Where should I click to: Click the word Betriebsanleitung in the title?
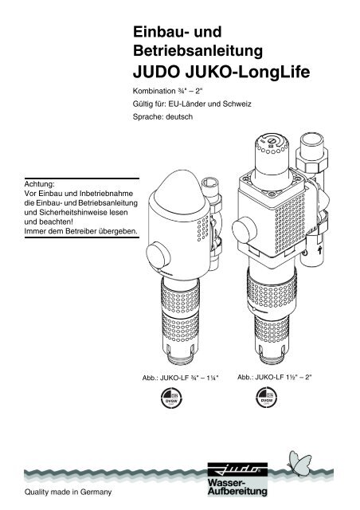point(198,51)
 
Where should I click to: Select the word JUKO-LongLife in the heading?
point(248,73)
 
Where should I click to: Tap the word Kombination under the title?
point(155,92)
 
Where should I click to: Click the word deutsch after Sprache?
point(179,117)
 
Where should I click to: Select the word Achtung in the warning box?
point(39,184)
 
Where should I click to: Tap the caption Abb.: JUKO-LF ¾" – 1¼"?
point(181,378)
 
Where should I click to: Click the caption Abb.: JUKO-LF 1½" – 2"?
point(275,377)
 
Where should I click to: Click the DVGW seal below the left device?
point(171,398)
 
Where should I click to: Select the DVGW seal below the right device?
point(266,397)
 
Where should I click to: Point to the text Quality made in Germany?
point(68,492)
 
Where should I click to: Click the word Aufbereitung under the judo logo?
point(237,491)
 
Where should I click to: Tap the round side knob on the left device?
point(158,255)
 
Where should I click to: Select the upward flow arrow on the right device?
point(319,250)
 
